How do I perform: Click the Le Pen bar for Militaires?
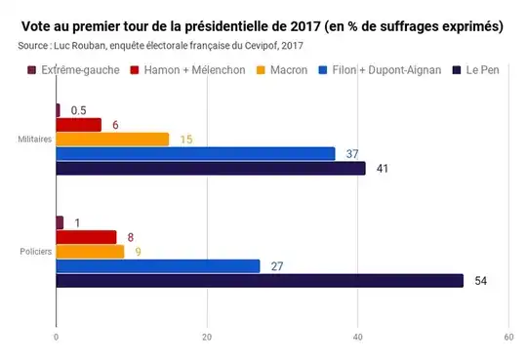click(211, 168)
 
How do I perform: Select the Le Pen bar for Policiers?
click(260, 281)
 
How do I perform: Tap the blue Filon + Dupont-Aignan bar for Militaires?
click(195, 153)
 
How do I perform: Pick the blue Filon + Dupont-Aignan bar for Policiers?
click(158, 266)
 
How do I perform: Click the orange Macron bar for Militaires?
click(112, 139)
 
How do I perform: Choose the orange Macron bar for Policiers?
click(90, 252)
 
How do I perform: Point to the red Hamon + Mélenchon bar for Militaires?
click(79, 124)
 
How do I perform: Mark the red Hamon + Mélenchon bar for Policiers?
click(86, 237)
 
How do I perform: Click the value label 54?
click(479, 281)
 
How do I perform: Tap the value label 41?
click(382, 169)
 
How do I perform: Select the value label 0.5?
click(78, 110)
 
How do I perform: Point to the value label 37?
click(351, 153)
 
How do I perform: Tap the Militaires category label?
click(34, 140)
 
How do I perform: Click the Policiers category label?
click(35, 253)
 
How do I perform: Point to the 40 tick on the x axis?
click(357, 338)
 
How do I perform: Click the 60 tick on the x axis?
click(508, 338)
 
